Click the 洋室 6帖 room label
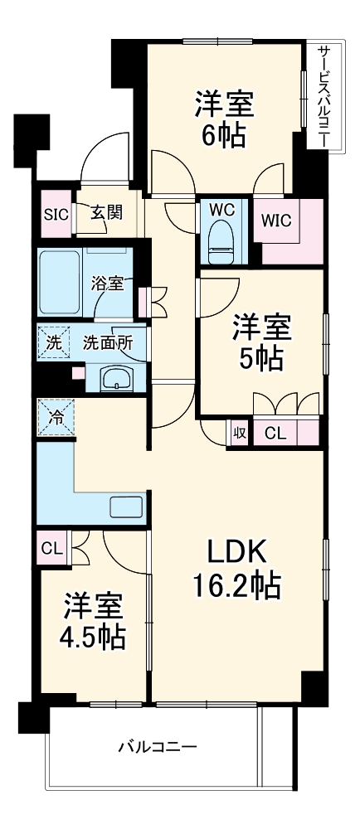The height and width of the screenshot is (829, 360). [x=223, y=120]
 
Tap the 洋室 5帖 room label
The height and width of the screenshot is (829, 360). [x=260, y=342]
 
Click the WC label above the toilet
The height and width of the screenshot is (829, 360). [x=221, y=210]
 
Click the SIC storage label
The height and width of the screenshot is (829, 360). [x=55, y=212]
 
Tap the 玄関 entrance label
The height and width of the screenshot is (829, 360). [x=106, y=212]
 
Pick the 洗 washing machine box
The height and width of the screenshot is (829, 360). [x=52, y=342]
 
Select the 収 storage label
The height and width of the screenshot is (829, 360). [x=238, y=433]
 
